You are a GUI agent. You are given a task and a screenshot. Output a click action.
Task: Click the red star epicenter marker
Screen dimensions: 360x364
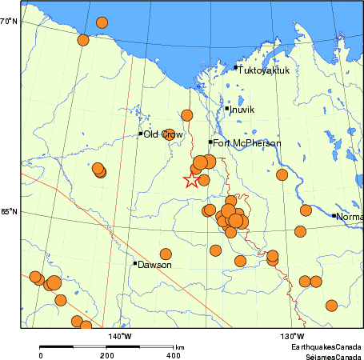coord(190,179)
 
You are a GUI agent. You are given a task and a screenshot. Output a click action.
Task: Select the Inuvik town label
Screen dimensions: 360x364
coord(243,110)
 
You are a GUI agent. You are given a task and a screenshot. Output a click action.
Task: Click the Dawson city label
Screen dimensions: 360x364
coord(155,264)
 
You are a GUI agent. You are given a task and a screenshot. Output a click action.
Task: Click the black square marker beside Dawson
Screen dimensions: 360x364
coord(134,262)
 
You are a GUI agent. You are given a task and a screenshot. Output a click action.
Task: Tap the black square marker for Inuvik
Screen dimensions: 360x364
coord(227,108)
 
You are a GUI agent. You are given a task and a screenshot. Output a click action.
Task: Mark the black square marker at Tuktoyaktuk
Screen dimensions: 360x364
coord(235,69)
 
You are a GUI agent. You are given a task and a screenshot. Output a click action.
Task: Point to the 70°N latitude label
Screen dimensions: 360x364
coord(9,22)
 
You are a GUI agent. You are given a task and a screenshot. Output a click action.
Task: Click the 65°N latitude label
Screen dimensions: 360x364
coord(9,212)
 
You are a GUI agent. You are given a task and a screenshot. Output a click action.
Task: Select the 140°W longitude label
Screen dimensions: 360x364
coord(120,335)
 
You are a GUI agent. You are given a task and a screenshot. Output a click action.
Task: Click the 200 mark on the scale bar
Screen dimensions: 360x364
coord(106,355)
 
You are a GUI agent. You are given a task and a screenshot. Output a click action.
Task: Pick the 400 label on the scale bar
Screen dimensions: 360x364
coord(173,355)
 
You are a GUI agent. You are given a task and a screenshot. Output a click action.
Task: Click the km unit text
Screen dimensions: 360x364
coord(180,346)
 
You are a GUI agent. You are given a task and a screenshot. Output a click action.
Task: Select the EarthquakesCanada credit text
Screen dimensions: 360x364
coord(326,346)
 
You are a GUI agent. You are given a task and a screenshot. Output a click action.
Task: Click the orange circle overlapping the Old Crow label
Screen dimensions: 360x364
coord(170,134)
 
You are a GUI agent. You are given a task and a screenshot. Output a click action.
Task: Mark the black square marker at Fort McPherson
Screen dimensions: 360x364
coord(210,142)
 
